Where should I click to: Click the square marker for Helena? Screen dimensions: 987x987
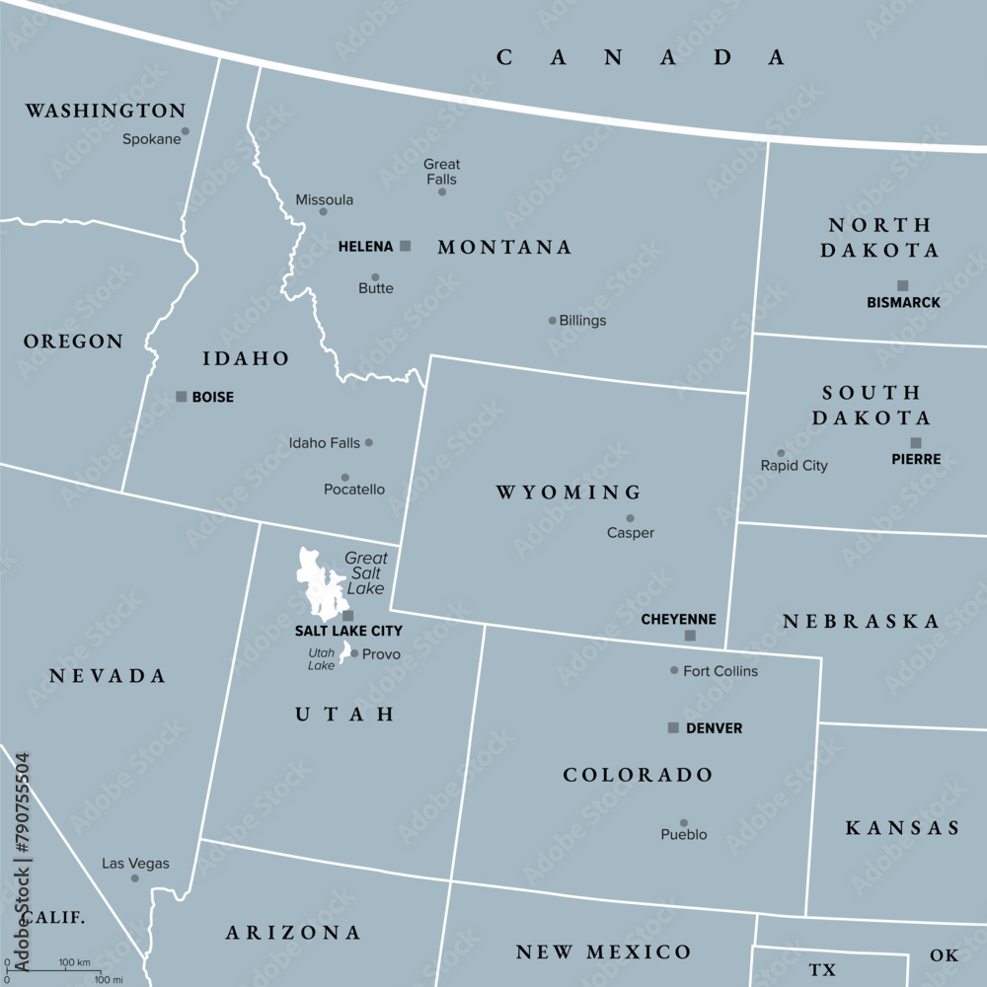pyautogui.click(x=405, y=246)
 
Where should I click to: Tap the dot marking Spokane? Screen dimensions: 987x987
pyautogui.click(x=185, y=130)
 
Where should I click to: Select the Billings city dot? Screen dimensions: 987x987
pyautogui.click(x=553, y=320)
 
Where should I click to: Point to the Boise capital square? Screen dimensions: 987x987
pyautogui.click(x=181, y=396)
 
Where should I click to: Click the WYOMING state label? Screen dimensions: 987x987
pyautogui.click(x=569, y=492)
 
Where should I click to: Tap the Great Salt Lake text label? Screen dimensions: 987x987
pyautogui.click(x=366, y=572)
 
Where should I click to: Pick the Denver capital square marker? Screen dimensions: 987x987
pyautogui.click(x=673, y=727)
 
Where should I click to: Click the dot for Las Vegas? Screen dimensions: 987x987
pyautogui.click(x=135, y=877)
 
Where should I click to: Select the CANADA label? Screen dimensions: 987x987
pyautogui.click(x=641, y=57)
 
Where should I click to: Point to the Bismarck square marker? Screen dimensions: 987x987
pyautogui.click(x=902, y=285)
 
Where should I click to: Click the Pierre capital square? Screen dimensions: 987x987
pyautogui.click(x=916, y=443)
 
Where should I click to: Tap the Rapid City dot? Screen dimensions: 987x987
pyautogui.click(x=781, y=453)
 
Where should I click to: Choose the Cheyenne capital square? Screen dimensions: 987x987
pyautogui.click(x=690, y=636)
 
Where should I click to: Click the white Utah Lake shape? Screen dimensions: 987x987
pyautogui.click(x=345, y=652)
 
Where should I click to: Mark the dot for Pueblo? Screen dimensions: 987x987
pyautogui.click(x=683, y=822)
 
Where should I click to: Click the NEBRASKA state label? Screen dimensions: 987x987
pyautogui.click(x=862, y=621)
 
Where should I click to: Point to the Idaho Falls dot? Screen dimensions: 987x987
pyautogui.click(x=369, y=442)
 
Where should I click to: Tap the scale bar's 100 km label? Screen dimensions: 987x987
pyautogui.click(x=75, y=961)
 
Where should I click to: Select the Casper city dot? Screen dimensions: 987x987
pyautogui.click(x=630, y=518)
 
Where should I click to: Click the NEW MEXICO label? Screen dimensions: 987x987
pyautogui.click(x=604, y=952)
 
